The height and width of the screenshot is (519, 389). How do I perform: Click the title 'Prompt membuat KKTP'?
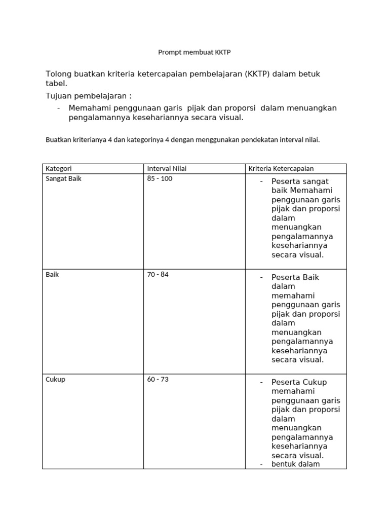coord(194,52)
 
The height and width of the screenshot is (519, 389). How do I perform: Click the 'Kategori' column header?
coord(58,169)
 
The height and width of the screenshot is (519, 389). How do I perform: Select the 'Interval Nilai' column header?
coord(167,169)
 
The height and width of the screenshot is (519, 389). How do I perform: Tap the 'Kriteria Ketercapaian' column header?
coord(280,169)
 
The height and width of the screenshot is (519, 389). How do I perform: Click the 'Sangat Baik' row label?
coord(63,179)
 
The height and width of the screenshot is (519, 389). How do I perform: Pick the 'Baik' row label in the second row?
coord(52,275)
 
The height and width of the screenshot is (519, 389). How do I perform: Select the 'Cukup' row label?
coord(55,380)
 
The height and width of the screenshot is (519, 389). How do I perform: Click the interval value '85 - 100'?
coord(160,179)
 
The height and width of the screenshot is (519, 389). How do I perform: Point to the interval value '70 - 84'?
coord(158,275)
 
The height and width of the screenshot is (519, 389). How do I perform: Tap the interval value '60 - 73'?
coord(158,380)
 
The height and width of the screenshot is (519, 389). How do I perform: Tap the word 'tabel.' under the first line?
coord(56,84)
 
